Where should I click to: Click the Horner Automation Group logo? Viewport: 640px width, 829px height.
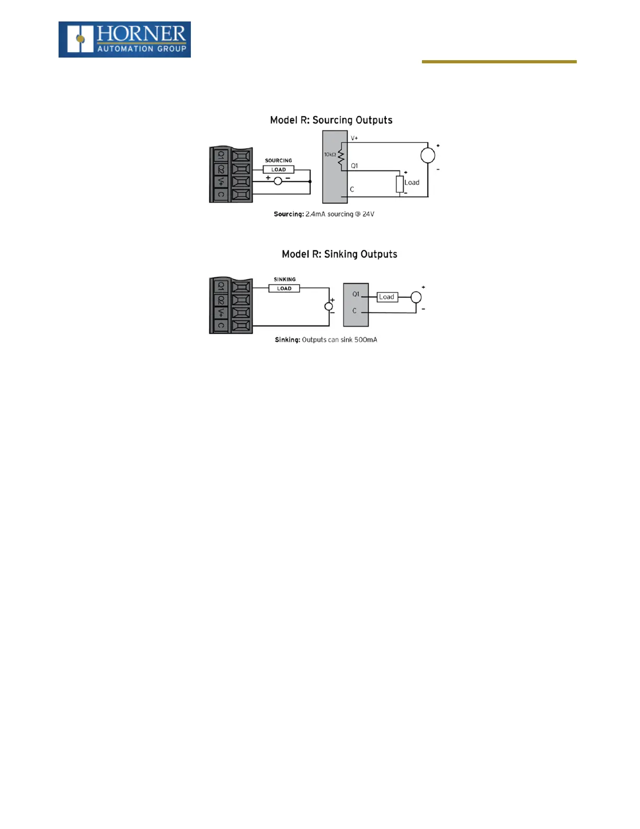coord(124,39)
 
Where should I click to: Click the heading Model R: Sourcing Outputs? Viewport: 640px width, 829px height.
coord(331,120)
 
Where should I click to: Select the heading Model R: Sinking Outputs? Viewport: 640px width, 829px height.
coord(339,254)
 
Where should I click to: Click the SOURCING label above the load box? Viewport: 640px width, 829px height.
coord(278,161)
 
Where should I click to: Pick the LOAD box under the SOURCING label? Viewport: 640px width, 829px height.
coord(278,170)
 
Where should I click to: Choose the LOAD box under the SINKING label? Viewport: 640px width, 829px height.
coord(284,288)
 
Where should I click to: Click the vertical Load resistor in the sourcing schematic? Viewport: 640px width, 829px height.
coord(400,184)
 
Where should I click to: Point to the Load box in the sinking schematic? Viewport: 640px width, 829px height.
coord(387,297)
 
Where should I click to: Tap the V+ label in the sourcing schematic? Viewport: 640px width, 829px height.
coord(355,138)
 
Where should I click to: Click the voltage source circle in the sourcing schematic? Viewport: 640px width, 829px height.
coord(428,155)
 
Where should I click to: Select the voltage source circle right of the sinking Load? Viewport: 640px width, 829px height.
coord(416,297)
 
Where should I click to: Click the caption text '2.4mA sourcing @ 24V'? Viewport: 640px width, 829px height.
coord(340,214)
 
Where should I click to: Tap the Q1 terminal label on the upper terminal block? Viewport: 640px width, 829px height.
coord(221,155)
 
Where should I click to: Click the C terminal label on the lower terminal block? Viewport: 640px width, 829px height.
coord(221,326)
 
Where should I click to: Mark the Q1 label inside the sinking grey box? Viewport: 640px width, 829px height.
coord(356,294)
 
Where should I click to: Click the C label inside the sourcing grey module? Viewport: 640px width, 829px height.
coord(352,189)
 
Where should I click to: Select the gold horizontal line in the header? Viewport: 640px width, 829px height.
coord(499,62)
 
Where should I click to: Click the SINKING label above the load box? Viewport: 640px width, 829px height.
coord(284,279)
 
